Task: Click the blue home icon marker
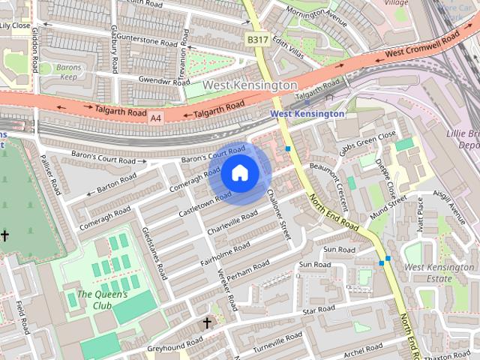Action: (239, 173)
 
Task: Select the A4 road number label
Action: (155, 118)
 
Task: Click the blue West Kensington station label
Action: (307, 113)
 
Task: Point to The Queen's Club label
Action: (103, 299)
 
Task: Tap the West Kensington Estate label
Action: (428, 273)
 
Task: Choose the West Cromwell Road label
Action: (421, 46)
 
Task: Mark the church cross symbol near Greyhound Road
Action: (208, 323)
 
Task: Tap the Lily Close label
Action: (15, 25)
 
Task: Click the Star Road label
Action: (319, 309)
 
